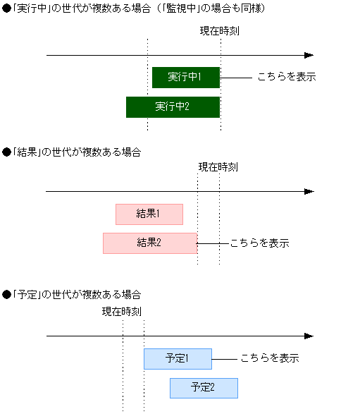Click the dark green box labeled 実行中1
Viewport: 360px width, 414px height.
[185, 77]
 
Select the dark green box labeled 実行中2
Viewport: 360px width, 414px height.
[173, 106]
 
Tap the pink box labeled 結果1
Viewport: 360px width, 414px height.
[149, 214]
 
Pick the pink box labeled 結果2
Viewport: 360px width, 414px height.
[149, 243]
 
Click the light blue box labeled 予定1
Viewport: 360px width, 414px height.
[178, 358]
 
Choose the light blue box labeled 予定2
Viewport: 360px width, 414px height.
[204, 388]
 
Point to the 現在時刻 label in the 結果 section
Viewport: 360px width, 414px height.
[218, 167]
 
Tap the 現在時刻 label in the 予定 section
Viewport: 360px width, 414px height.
[122, 311]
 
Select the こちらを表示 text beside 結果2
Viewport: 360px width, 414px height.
[259, 243]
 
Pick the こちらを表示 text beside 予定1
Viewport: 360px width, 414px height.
[270, 358]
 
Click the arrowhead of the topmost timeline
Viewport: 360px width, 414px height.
[309, 55]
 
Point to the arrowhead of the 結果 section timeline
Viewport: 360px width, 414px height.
[309, 191]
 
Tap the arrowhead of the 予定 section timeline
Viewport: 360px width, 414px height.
[309, 336]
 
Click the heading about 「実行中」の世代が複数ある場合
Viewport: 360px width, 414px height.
[134, 8]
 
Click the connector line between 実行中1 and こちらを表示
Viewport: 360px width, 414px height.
[236, 77]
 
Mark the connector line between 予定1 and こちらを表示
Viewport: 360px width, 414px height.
[223, 358]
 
